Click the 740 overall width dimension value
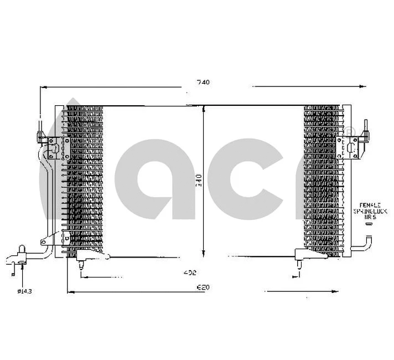[x=203, y=83]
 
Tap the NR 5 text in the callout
[x=369, y=218]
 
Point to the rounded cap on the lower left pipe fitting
[x=23, y=250]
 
